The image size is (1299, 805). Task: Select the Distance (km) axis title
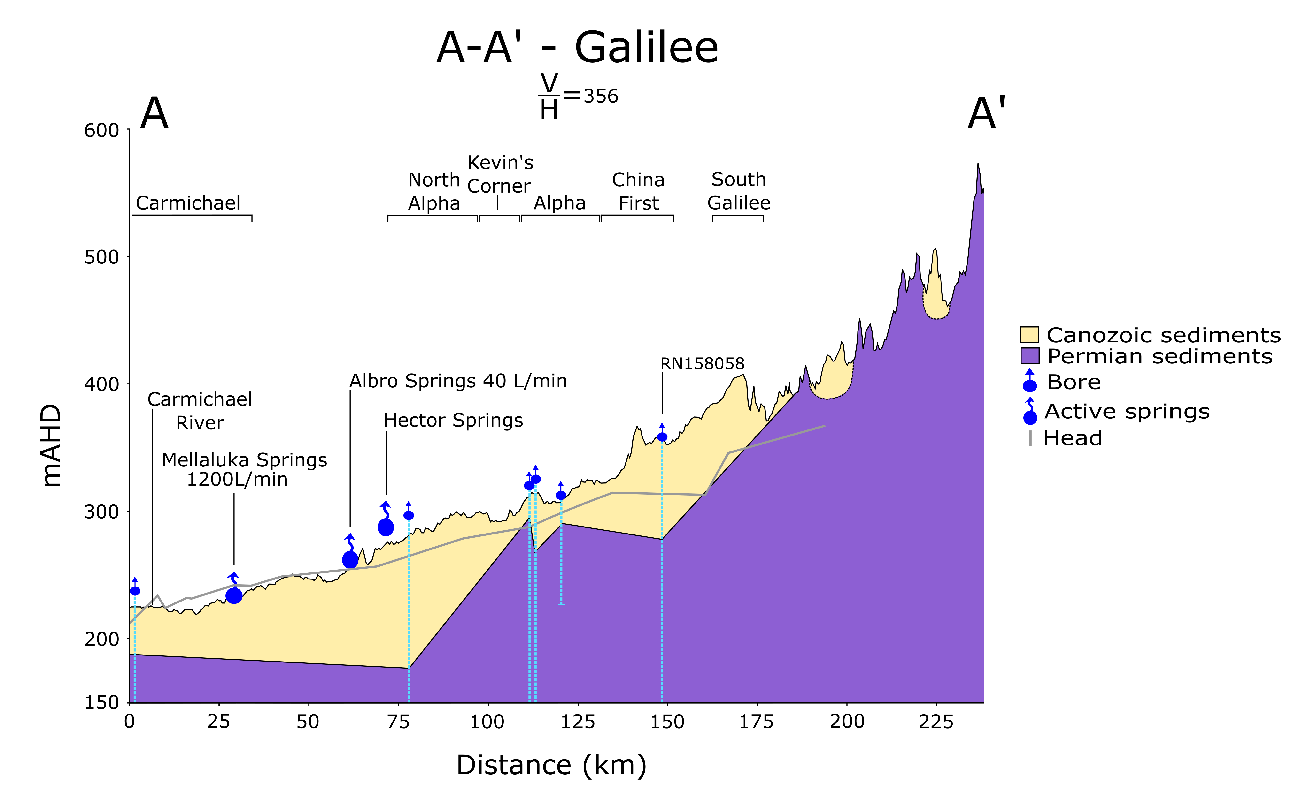click(x=551, y=765)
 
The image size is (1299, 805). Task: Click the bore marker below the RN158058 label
click(x=662, y=436)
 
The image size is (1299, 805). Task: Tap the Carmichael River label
click(x=200, y=411)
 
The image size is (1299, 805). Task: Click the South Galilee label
click(x=738, y=191)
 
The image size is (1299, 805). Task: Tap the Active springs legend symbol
click(x=1030, y=413)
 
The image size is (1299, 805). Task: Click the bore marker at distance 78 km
click(x=409, y=515)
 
